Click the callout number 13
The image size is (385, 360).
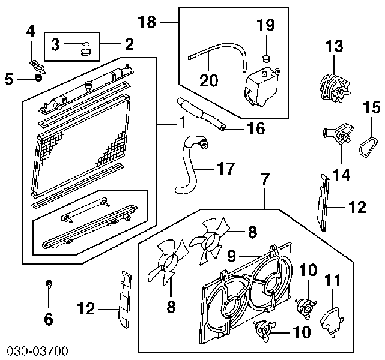pos(334,46)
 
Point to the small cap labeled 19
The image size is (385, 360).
pos(265,58)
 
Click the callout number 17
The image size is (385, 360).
pos(225,169)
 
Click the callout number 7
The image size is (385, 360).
pos(265,178)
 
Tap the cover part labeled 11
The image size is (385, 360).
pos(330,318)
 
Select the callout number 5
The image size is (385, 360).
pos(8,78)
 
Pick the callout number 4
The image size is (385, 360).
pos(30,30)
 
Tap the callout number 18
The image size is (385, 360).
pos(147,23)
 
